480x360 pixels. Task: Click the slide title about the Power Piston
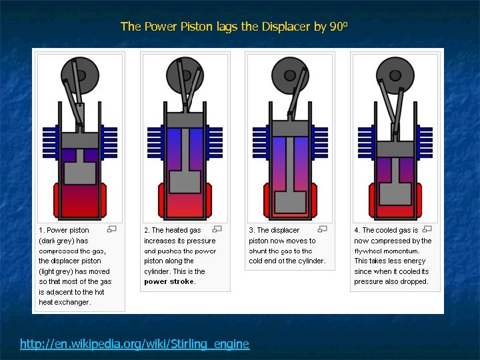click(x=233, y=27)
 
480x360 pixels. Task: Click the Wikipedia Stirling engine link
click(x=135, y=344)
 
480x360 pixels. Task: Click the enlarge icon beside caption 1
click(x=112, y=229)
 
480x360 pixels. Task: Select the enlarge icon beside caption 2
click(x=218, y=229)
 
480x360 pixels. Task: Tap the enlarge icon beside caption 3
click(x=323, y=229)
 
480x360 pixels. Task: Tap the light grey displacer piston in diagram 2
click(x=185, y=177)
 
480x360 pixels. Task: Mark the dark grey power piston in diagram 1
click(x=79, y=140)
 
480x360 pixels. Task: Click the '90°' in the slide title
click(x=339, y=27)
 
